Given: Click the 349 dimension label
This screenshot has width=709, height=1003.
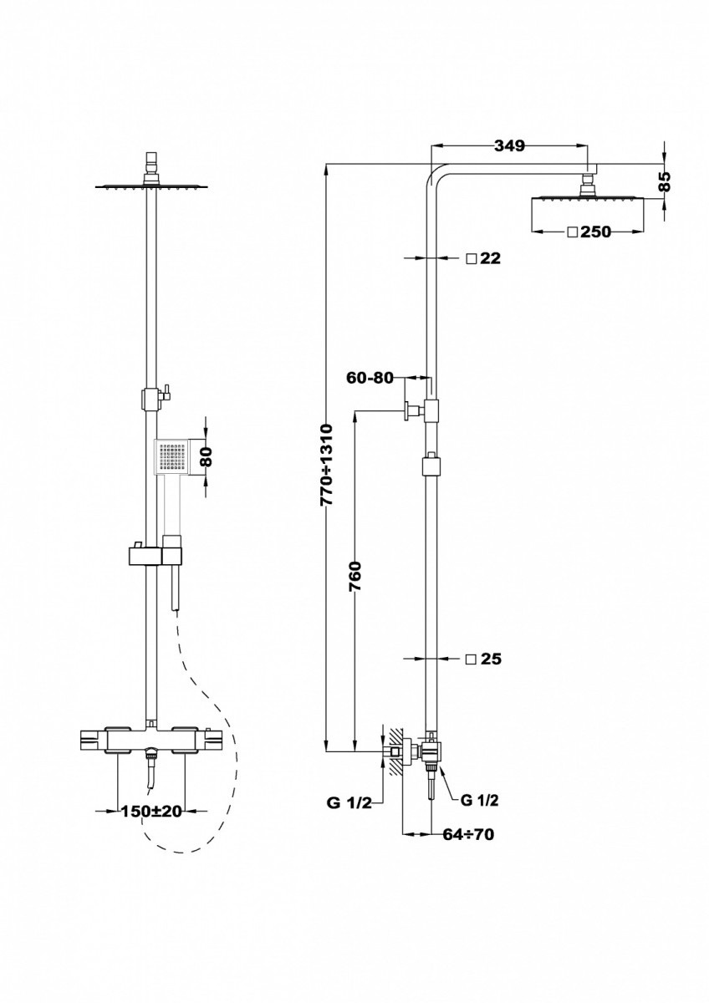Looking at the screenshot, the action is pyautogui.click(x=509, y=146).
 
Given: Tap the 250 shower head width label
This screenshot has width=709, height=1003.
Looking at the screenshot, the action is pyautogui.click(x=595, y=232).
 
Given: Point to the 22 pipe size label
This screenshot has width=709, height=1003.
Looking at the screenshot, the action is pyautogui.click(x=490, y=258).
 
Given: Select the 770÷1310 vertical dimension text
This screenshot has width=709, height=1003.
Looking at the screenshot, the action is pyautogui.click(x=327, y=465).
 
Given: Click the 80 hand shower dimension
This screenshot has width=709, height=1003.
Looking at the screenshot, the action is pyautogui.click(x=207, y=456).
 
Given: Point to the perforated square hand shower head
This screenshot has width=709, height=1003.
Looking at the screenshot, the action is pyautogui.click(x=172, y=456).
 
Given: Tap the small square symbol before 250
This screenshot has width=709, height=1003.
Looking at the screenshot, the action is pyautogui.click(x=572, y=232).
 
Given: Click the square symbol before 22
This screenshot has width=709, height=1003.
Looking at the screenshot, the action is pyautogui.click(x=472, y=258).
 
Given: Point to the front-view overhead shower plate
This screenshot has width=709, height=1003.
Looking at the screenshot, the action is pyautogui.click(x=152, y=186).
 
